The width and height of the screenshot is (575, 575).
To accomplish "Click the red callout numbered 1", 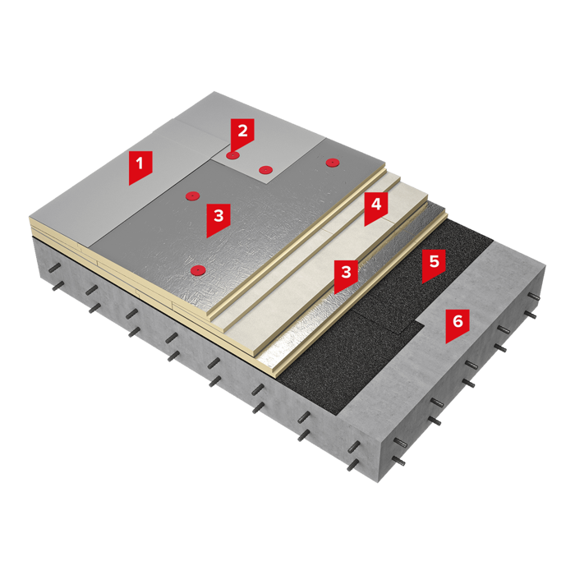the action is (x=140, y=166).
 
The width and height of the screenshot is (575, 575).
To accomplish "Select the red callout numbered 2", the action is (x=242, y=133).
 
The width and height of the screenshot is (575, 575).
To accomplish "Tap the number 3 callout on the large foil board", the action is (x=218, y=218).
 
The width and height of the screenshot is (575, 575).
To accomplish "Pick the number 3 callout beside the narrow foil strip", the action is (x=346, y=274).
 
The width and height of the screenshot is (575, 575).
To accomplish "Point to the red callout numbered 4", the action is (x=376, y=207).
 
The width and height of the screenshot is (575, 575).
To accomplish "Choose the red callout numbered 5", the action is (x=435, y=264).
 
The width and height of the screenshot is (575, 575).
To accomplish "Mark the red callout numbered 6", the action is (x=458, y=324).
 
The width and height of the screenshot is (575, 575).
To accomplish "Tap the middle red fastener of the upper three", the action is (x=265, y=170).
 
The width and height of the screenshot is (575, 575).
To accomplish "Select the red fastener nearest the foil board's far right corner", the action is (x=332, y=162).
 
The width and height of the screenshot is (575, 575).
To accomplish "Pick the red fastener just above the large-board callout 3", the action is (x=191, y=195).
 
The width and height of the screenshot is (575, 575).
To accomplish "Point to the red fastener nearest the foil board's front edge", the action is (x=199, y=270).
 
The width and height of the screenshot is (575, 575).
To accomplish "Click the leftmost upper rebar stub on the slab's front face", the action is (x=55, y=268).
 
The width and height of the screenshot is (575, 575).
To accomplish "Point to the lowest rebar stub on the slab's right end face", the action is (x=398, y=462).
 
